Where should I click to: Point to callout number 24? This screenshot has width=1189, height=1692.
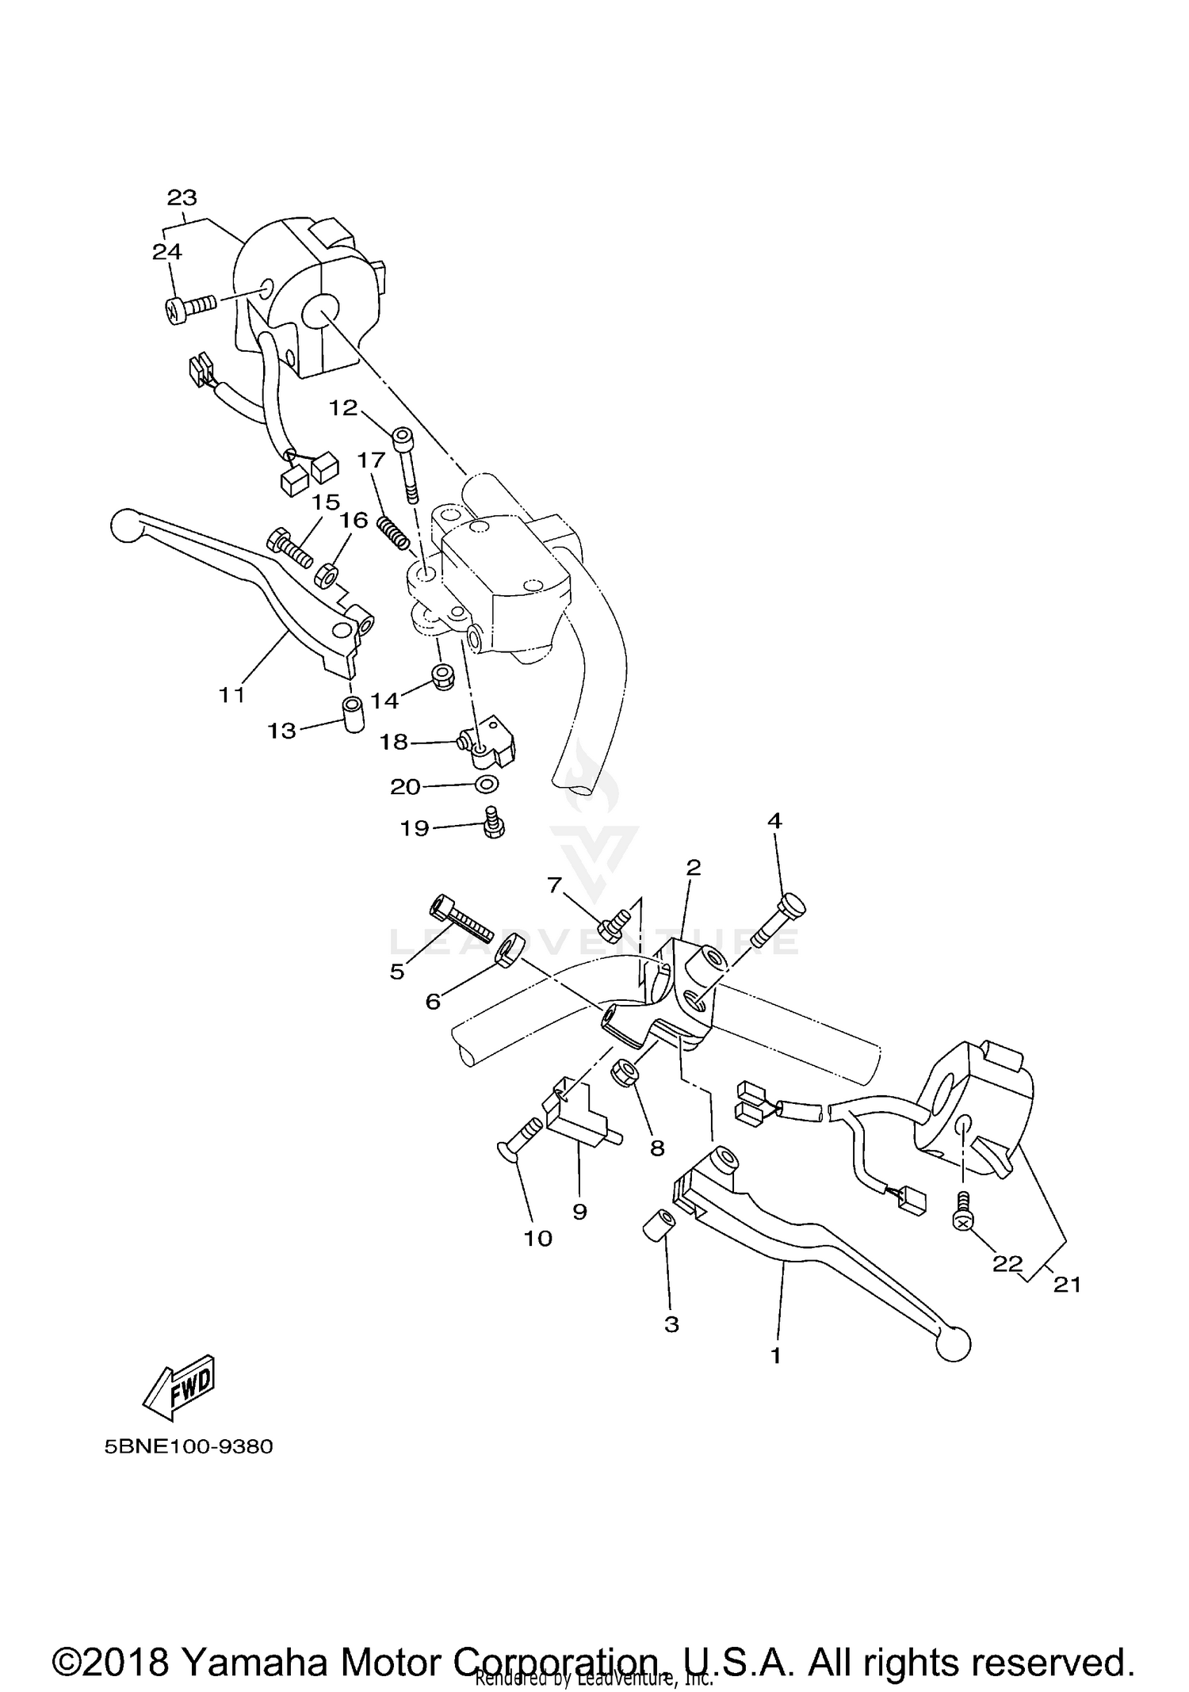click(167, 252)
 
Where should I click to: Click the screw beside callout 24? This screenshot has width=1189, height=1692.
click(189, 307)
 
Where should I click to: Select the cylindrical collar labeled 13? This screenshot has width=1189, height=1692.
click(352, 715)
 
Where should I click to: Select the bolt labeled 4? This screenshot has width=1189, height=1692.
click(777, 923)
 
